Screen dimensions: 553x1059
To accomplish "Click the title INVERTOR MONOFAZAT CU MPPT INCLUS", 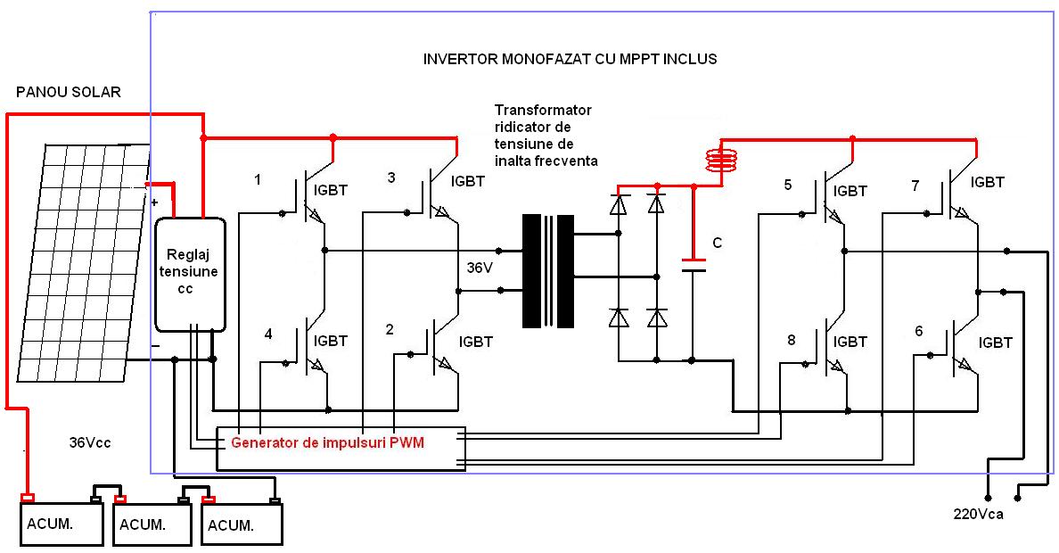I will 571,59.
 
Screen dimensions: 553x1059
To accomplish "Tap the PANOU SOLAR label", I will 69,93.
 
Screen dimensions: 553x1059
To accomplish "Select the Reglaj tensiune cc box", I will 189,273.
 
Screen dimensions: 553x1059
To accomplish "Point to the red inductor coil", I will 723,160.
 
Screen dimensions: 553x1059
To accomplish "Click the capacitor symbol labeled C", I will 693,265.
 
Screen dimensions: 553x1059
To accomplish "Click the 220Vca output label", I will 978,515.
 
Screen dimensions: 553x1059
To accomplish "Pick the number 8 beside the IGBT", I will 791,339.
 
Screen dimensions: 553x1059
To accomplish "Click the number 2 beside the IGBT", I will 390,330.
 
